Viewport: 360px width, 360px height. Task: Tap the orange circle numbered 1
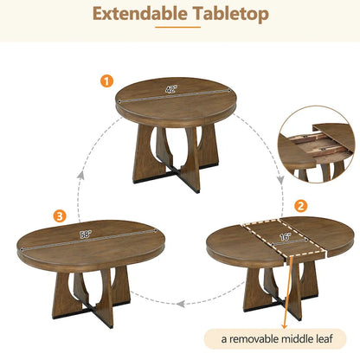point(106,80)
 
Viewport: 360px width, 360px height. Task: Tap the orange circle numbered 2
point(300,206)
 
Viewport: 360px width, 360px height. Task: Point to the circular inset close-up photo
point(313,143)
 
